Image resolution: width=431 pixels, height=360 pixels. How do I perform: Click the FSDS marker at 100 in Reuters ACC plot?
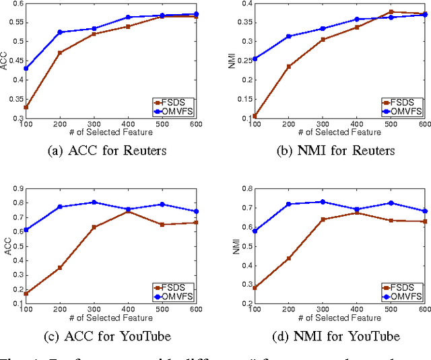[x=26, y=107]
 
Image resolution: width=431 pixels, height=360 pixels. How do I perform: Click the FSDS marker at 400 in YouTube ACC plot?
[x=128, y=211]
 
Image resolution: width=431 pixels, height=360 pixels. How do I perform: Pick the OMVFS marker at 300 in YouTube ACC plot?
[x=94, y=202]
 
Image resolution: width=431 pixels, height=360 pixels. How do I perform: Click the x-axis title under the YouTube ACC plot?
[x=94, y=317]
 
